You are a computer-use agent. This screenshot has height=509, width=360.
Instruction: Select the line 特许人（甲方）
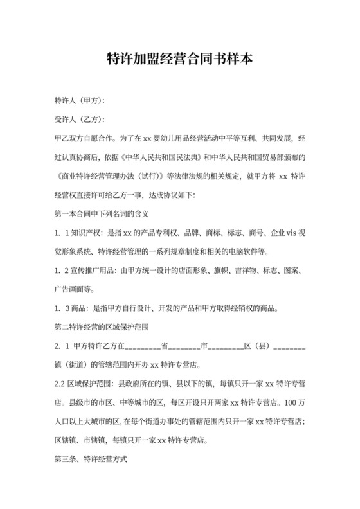click(80, 101)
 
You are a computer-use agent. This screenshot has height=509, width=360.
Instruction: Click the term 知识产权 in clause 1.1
click(88, 231)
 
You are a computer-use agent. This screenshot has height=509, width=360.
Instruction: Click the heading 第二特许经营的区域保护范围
click(103, 326)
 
